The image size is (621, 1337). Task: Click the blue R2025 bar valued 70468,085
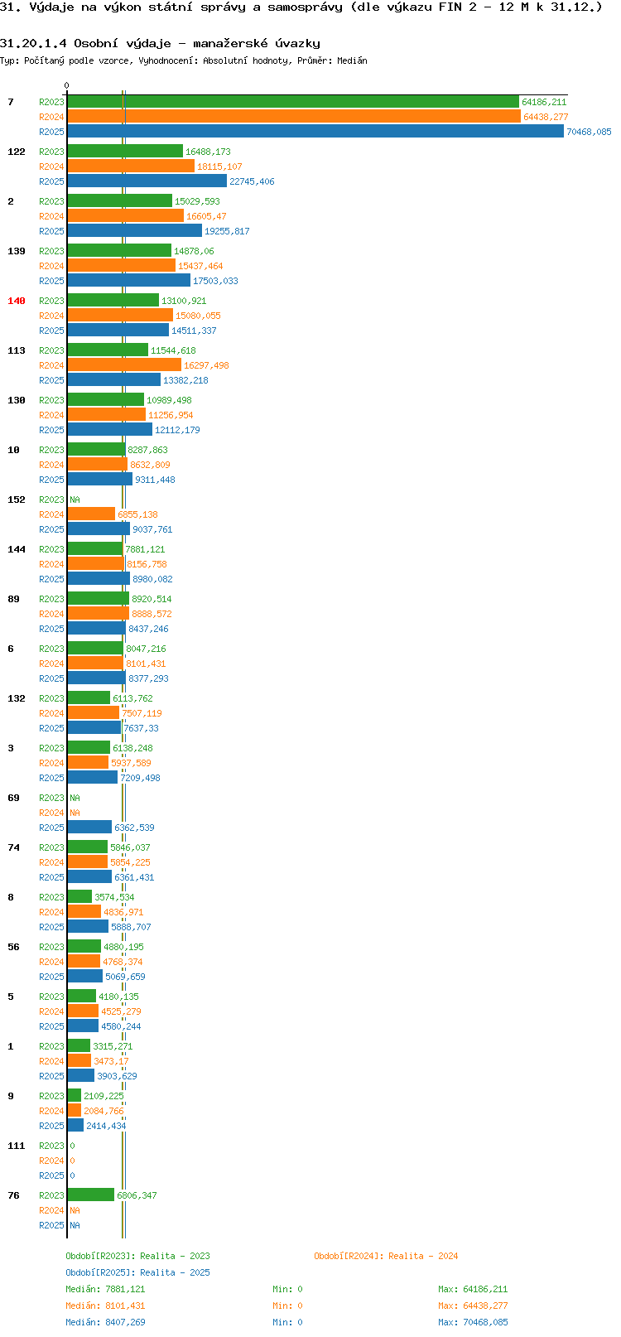[315, 132]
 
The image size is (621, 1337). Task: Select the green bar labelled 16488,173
[125, 151]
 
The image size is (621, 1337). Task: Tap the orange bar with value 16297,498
[124, 364]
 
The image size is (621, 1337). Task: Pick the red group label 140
[16, 301]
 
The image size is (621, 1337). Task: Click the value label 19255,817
[227, 231]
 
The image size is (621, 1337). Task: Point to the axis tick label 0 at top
[66, 85]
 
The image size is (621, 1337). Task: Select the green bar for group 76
[91, 1195]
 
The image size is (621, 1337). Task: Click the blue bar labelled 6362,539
[89, 827]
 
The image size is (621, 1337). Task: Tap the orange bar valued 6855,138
[91, 514]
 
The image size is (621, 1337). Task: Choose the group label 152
[16, 500]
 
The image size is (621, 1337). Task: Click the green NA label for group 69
[75, 798]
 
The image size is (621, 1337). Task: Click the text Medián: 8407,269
[105, 1322]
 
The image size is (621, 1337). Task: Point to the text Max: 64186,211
[473, 1289]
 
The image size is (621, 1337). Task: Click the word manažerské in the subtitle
[230, 44]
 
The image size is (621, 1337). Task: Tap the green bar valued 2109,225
[74, 1095]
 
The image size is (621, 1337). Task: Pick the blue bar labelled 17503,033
[129, 280]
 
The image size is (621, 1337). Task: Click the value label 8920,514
[152, 599]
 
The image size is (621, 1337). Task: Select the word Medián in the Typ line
[352, 60]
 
